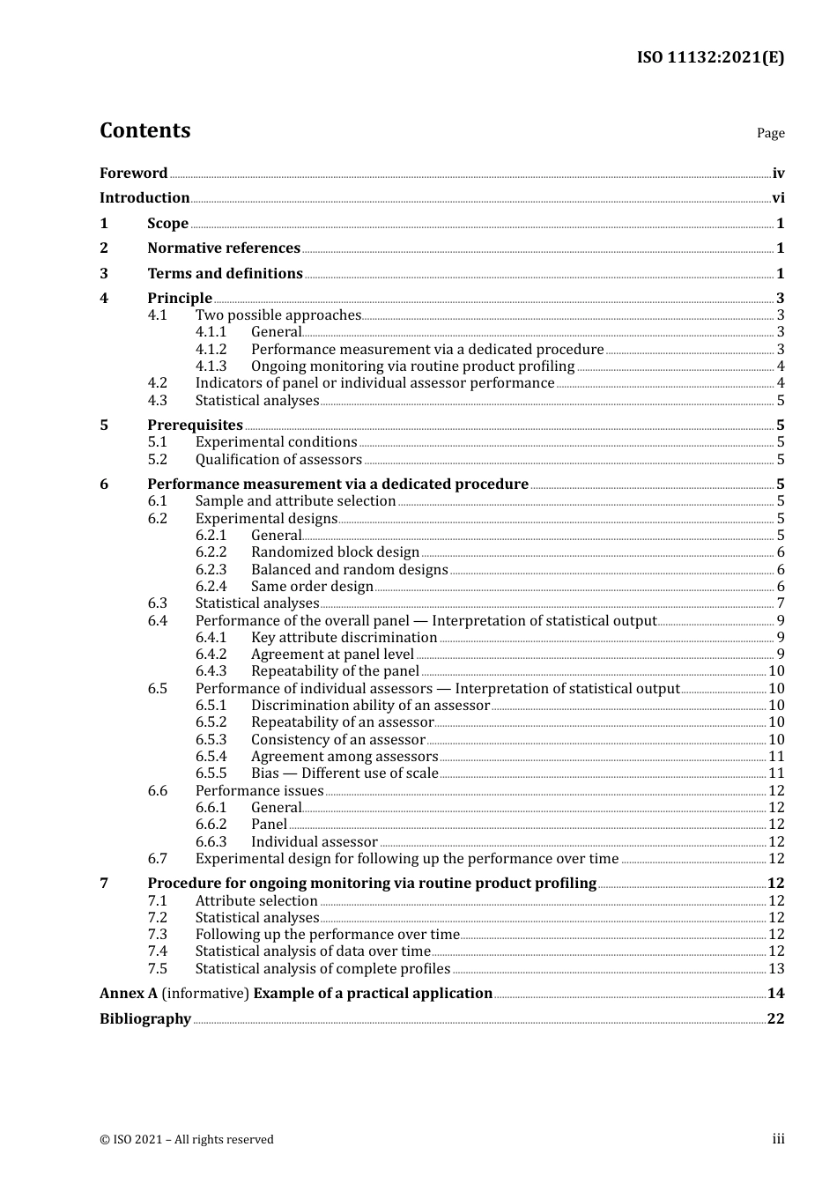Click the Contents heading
[144, 130]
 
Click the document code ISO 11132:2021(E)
[710, 57]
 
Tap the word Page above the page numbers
[770, 133]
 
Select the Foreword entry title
[133, 173]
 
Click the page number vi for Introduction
[778, 197]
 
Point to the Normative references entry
[224, 248]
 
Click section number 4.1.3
[211, 366]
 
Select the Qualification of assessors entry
[278, 459]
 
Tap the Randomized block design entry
[335, 551]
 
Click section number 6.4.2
[211, 654]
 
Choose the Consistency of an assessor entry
[337, 739]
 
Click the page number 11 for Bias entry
[776, 773]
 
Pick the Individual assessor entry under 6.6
[314, 841]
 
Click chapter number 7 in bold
[104, 883]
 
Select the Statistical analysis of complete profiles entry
[322, 968]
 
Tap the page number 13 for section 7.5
[776, 968]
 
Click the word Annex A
[129, 993]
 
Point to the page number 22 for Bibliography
[775, 1018]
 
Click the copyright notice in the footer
[186, 1139]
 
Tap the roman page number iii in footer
[778, 1138]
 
